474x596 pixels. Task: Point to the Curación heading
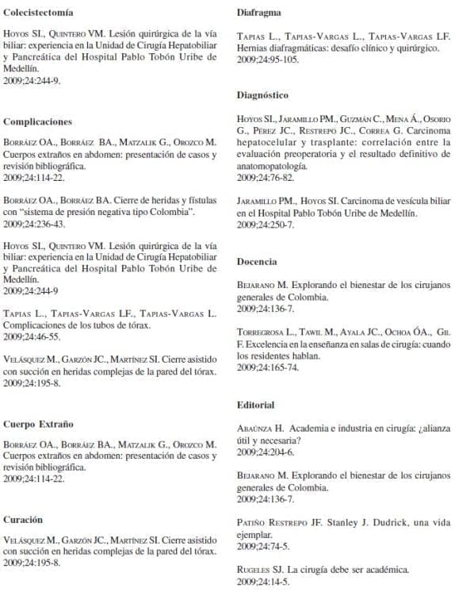pos(23,519)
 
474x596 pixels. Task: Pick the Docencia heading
pos(257,261)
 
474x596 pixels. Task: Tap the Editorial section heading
pos(256,405)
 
